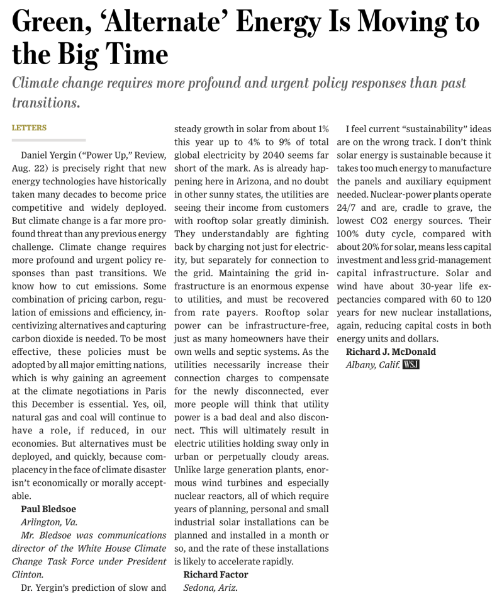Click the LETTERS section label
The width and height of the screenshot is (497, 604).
tap(29, 128)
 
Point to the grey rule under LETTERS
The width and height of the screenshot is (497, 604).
tap(48, 140)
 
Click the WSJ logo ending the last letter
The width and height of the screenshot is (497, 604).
tap(411, 364)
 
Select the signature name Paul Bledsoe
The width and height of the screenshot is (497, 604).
tap(48, 508)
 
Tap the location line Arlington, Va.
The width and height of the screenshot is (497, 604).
tap(49, 522)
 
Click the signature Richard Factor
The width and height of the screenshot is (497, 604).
tap(215, 574)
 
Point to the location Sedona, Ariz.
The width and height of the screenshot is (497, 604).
tap(210, 588)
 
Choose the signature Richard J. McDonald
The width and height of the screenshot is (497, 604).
tap(391, 352)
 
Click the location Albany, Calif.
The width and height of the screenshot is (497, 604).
tap(372, 364)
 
